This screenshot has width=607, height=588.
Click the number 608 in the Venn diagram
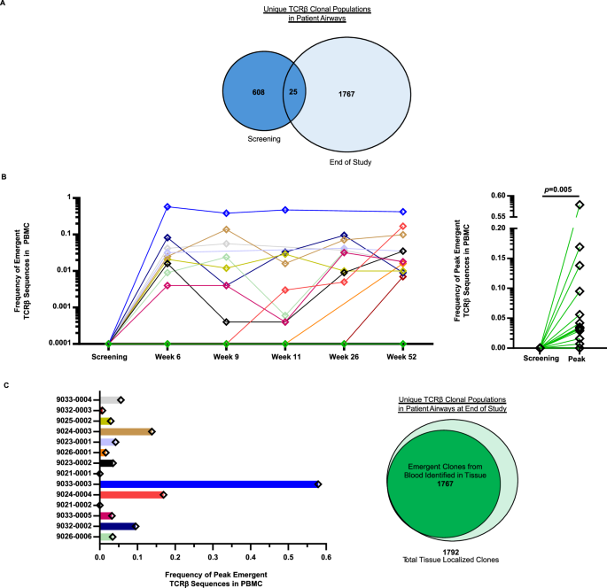pyautogui.click(x=259, y=91)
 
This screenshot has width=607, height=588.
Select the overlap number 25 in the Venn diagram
pyautogui.click(x=293, y=92)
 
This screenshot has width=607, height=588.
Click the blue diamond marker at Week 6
pyautogui.click(x=167, y=206)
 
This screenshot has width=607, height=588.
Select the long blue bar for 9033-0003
pyautogui.click(x=208, y=484)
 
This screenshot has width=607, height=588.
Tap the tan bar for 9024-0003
pyautogui.click(x=125, y=431)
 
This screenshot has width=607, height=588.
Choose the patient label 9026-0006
pyautogui.click(x=71, y=536)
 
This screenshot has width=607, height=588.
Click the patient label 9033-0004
pyautogui.click(x=71, y=400)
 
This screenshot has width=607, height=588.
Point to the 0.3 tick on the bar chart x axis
pyautogui.click(x=213, y=559)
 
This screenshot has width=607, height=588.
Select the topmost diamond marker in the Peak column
pyautogui.click(x=580, y=205)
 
